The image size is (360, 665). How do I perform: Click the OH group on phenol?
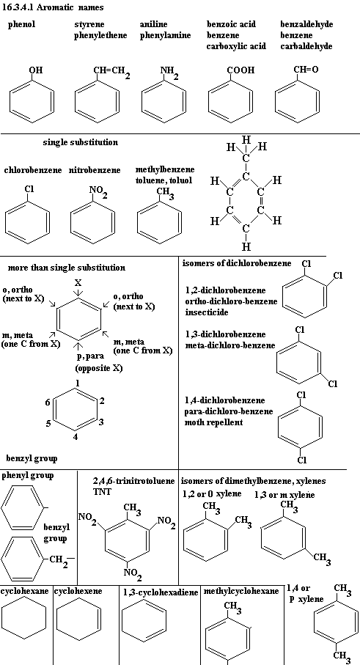pos(36,70)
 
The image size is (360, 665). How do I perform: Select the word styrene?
pos(89,25)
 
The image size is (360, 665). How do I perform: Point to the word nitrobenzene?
pos(95,170)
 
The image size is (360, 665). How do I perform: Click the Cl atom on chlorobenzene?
pos(29,188)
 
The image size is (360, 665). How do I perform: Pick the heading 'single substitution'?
pos(81,142)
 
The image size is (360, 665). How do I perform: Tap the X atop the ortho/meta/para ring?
pos(78,283)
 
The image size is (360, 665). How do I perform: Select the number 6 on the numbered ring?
pos(48,402)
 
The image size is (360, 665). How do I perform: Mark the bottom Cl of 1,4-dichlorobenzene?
pos(301,460)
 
